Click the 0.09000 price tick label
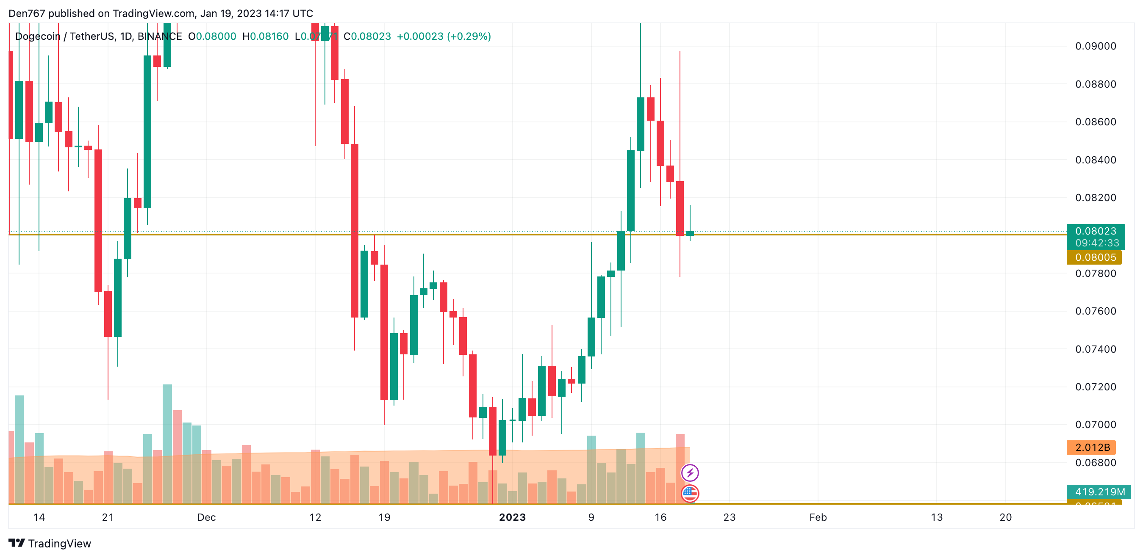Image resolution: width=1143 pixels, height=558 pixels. point(1095,46)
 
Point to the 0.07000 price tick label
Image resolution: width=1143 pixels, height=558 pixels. point(1095,425)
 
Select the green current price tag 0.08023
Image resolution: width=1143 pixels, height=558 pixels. point(1095,231)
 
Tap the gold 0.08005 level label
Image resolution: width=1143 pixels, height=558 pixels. point(1095,257)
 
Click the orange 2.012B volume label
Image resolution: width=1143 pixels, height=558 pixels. point(1092,447)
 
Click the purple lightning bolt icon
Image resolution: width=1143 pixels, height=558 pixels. point(690,473)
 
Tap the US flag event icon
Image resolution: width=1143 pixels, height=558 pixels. point(690,493)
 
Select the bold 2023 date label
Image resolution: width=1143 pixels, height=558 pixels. point(512,517)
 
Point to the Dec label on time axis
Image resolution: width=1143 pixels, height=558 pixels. point(206,517)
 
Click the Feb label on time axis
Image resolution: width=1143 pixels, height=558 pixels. point(818,517)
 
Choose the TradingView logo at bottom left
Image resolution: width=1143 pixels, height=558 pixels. point(50,543)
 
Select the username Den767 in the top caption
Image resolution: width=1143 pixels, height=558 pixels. point(27,13)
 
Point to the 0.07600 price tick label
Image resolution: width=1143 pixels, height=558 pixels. point(1095,311)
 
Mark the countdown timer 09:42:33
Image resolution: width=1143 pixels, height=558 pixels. point(1097,243)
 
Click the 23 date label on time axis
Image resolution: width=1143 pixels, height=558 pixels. point(729,517)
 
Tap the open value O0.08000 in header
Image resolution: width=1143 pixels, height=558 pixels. point(212,36)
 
